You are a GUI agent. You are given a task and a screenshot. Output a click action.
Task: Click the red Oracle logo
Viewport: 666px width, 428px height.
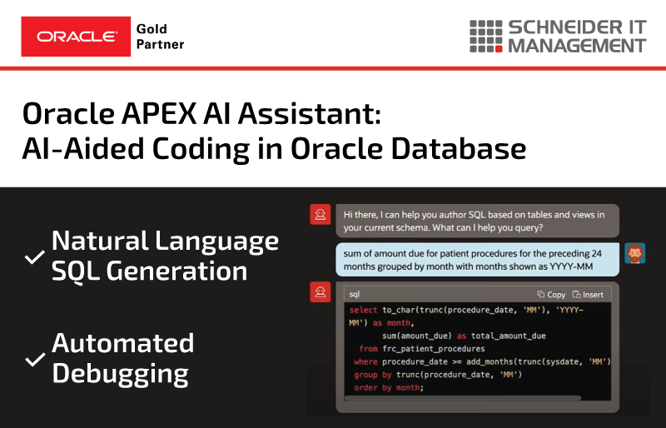point(76,37)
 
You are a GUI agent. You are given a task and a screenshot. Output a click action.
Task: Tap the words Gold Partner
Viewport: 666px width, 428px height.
point(160,37)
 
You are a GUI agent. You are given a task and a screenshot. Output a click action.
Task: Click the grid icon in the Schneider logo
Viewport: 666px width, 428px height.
point(486,37)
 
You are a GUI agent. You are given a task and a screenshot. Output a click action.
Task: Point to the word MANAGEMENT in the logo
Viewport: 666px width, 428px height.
point(577,46)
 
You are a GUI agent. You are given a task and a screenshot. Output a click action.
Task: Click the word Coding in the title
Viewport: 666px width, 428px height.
point(201,150)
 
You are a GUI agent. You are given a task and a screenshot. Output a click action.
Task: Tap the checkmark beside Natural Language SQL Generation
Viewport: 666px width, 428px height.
point(34,256)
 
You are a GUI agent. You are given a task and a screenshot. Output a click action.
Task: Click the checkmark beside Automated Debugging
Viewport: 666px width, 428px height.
point(35,359)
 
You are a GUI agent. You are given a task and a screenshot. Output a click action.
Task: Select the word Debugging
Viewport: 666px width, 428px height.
point(120,375)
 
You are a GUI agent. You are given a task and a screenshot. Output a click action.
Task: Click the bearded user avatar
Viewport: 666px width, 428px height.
point(635,253)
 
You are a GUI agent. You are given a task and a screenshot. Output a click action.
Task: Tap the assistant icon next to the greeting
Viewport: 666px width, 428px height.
point(321,214)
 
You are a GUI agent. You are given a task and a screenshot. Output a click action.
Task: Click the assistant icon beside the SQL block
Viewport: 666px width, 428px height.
point(321,292)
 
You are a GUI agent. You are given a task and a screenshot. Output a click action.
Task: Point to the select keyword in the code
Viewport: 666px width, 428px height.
point(363,310)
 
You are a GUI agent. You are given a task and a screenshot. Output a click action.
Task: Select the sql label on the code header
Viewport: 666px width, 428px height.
point(355,294)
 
